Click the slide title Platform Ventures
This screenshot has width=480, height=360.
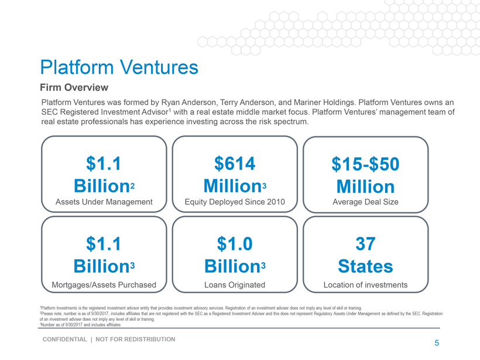pyautogui.click(x=119, y=67)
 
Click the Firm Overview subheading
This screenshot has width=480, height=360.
pyautogui.click(x=74, y=88)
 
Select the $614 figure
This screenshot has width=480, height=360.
pyautogui.click(x=235, y=163)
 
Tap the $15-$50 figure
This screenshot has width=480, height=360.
pyautogui.click(x=365, y=164)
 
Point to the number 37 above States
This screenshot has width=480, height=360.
pyautogui.click(x=365, y=243)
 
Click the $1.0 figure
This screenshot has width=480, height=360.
pyautogui.click(x=235, y=243)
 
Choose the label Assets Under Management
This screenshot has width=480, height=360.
pyautogui.click(x=104, y=202)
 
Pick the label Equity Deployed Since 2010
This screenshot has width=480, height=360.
pyautogui.click(x=235, y=202)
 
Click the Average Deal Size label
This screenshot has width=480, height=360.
pyautogui.click(x=365, y=202)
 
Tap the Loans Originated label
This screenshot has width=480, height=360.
pyautogui.click(x=235, y=285)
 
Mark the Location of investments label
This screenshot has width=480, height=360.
pyautogui.click(x=365, y=285)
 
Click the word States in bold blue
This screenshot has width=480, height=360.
pyautogui.click(x=365, y=266)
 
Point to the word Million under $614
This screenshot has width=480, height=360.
pyautogui.click(x=232, y=186)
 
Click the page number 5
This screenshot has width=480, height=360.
pyautogui.click(x=437, y=343)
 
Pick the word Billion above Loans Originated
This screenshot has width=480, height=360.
pyautogui.click(x=232, y=266)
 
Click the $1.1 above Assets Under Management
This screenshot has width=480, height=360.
pyautogui.click(x=104, y=163)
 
